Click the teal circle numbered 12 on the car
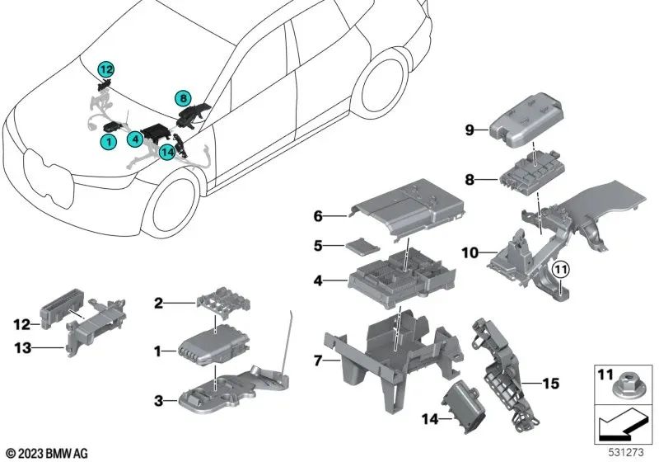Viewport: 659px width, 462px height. [x=106, y=69]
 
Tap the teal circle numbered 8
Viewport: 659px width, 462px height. [x=183, y=99]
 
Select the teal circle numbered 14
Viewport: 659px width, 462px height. [x=167, y=152]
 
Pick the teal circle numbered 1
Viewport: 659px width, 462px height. [x=109, y=141]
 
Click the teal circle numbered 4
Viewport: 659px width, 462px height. [x=135, y=139]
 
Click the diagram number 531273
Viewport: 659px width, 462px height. [x=626, y=452]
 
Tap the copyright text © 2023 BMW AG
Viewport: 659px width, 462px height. [x=47, y=453]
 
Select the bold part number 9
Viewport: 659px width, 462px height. [x=470, y=130]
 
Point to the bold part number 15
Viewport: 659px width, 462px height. [x=550, y=384]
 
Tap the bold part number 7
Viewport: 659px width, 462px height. [x=318, y=361]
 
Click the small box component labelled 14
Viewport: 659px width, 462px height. [x=462, y=404]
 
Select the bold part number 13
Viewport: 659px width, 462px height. [x=23, y=348]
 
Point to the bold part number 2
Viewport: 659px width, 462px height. [x=158, y=303]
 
